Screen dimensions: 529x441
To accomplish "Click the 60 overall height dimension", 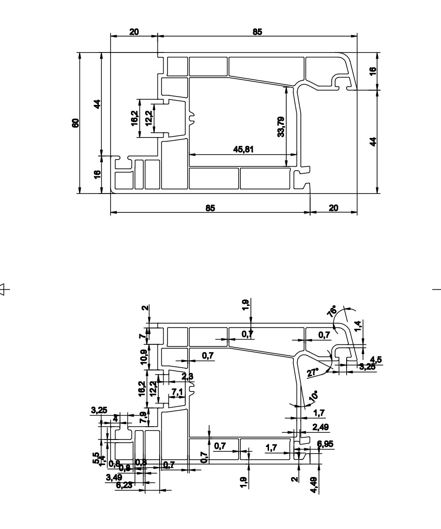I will pos(75,123).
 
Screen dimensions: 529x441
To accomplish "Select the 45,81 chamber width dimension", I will pos(243,149).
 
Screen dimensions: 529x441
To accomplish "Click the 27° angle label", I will pos(312,373).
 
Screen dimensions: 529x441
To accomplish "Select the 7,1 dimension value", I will pos(177,391).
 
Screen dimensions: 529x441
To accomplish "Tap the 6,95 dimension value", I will pos(325,444).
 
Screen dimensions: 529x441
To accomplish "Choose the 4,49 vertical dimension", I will pos(314,485).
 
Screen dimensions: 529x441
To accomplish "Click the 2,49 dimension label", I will pos(320,427).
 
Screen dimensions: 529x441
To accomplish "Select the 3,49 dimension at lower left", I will pos(114,477).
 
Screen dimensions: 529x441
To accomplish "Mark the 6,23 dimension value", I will pos(124,485).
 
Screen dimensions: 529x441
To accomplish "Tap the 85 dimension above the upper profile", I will pos(257,32).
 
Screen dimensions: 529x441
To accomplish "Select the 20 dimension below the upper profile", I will pos(333,208).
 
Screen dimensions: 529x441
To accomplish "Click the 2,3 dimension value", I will pos(187,376).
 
